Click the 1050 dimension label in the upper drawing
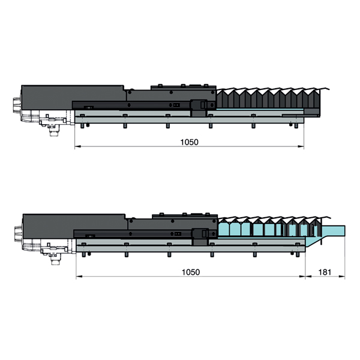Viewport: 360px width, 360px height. tap(189, 142)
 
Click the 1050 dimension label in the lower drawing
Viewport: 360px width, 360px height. tap(191, 272)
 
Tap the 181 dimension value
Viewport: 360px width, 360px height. tap(325, 272)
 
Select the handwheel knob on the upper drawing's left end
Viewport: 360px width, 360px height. tap(17, 104)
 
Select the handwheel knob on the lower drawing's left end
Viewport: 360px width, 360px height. tap(18, 233)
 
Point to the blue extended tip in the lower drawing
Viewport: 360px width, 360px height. tap(334, 230)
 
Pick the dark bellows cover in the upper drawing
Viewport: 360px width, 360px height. tap(268, 99)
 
